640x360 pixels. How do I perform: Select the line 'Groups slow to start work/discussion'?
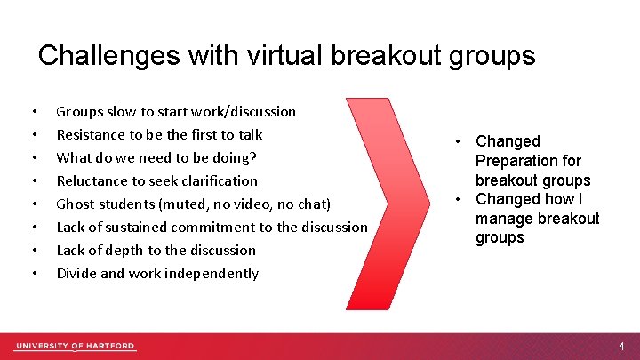176,112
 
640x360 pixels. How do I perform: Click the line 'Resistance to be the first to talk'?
159,135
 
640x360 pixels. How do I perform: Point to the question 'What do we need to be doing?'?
157,158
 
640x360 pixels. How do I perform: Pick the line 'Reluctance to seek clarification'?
156,181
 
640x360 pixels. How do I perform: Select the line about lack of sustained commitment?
212,228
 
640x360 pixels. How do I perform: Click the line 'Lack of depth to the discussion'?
156,251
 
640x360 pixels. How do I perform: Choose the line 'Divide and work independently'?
157,274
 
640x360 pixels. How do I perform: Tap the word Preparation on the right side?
528,161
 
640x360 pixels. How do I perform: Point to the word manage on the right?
503,219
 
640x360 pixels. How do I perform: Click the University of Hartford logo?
75,346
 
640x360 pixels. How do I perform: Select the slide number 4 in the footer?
622,346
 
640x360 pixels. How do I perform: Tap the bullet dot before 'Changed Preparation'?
455,141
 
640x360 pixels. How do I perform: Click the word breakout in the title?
394,56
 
